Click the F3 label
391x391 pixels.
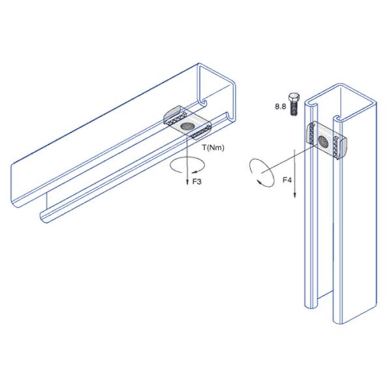197,182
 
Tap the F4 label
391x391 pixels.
287,180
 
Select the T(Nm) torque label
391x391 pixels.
213,148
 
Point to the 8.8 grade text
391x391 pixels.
280,107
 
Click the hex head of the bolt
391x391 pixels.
294,98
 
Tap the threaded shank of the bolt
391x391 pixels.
295,109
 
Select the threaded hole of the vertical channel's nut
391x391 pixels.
324,141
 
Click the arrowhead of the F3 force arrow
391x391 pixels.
188,182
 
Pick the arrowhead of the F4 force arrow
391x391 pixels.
295,195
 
